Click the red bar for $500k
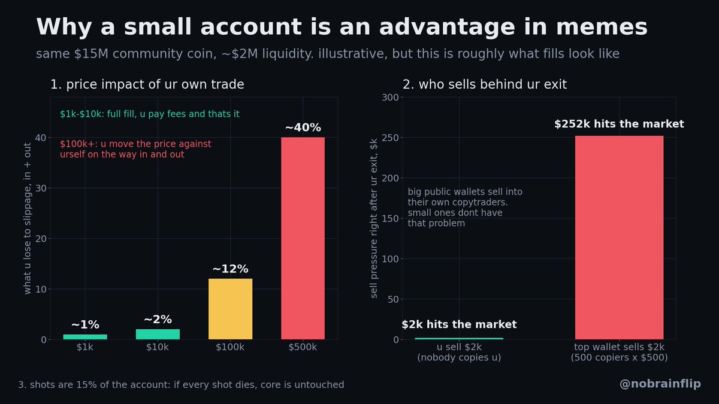pyautogui.click(x=303, y=238)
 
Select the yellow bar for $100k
pyautogui.click(x=230, y=309)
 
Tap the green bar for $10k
pyautogui.click(x=158, y=334)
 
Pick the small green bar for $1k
pyautogui.click(x=85, y=336)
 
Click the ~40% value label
pyautogui.click(x=303, y=127)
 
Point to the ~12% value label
pyautogui.click(x=230, y=269)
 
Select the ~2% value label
pyautogui.click(x=158, y=320)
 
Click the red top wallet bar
pyautogui.click(x=619, y=238)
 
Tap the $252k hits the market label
pyautogui.click(x=619, y=124)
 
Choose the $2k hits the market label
pyautogui.click(x=459, y=324)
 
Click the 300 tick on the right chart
pyautogui.click(x=390, y=97)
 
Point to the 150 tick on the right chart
pyautogui.click(x=390, y=218)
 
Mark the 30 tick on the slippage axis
pyautogui.click(x=41, y=188)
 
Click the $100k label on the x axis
pyautogui.click(x=230, y=347)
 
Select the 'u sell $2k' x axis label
pyautogui.click(x=459, y=347)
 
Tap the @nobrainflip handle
pyautogui.click(x=660, y=384)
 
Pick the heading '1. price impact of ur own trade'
pyautogui.click(x=147, y=84)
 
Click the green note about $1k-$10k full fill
pyautogui.click(x=150, y=114)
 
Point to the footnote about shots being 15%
pyautogui.click(x=181, y=384)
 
